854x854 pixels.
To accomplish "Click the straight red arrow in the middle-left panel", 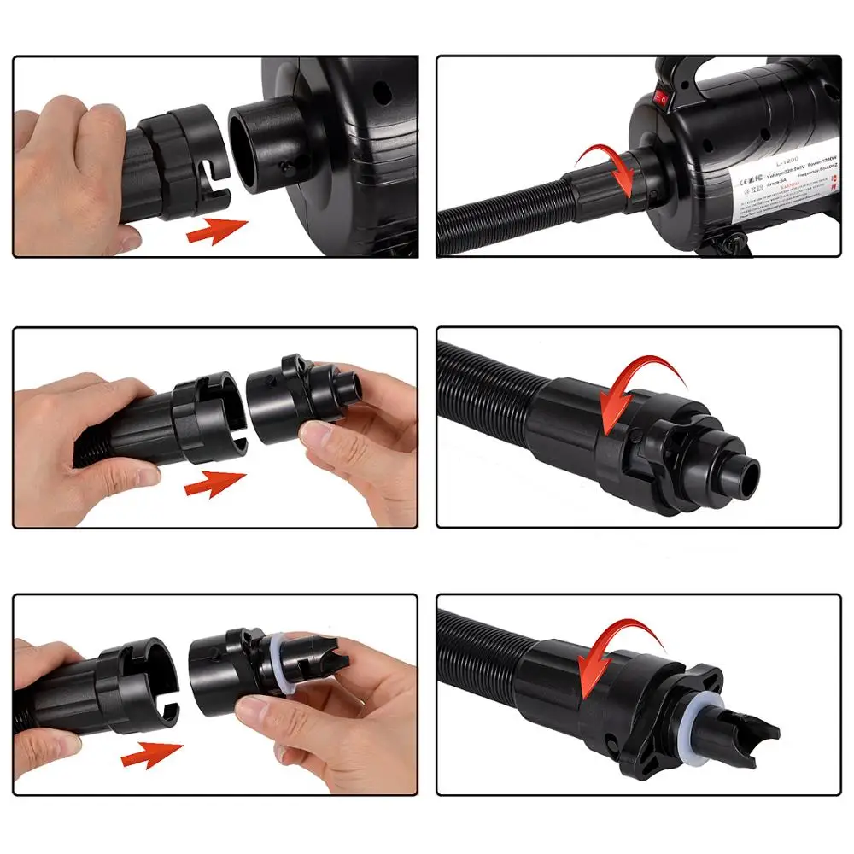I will tap(213, 485).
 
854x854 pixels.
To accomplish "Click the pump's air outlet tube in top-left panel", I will tap(264, 145).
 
